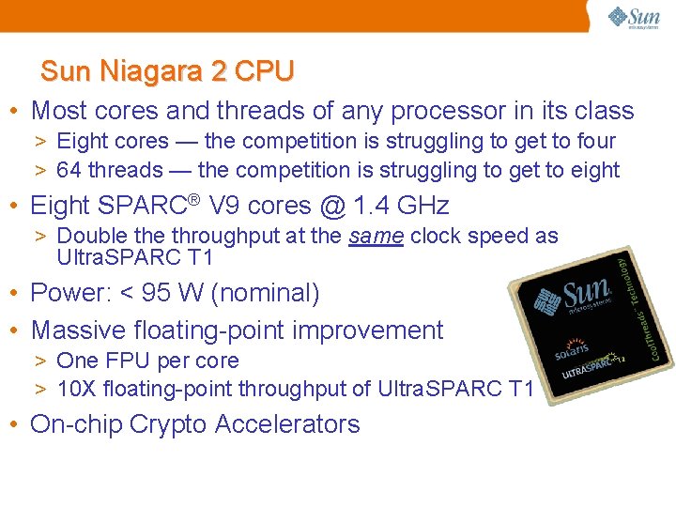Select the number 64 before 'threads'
coord(69,170)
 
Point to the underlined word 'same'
coord(376,236)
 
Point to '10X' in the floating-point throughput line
coord(75,389)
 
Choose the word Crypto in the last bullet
coord(169,424)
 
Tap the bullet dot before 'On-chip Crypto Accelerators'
coord(17,424)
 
